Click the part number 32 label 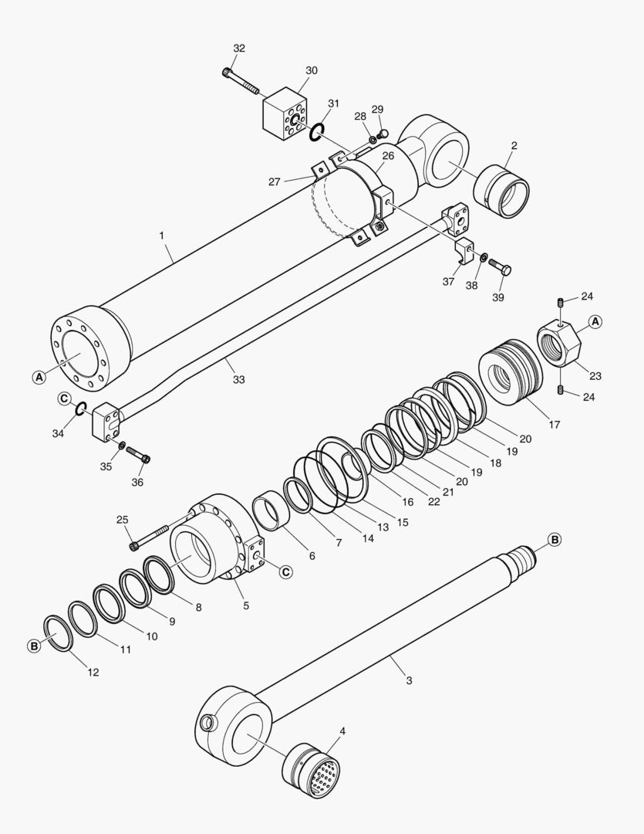pos(239,48)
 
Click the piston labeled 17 pos(508,375)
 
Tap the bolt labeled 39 pos(500,268)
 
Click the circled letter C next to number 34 pos(65,398)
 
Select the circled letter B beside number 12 pos(34,646)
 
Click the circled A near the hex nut pos(595,321)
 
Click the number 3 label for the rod pos(409,680)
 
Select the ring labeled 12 pos(59,633)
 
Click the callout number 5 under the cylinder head pos(246,605)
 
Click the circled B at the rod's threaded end pos(555,539)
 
